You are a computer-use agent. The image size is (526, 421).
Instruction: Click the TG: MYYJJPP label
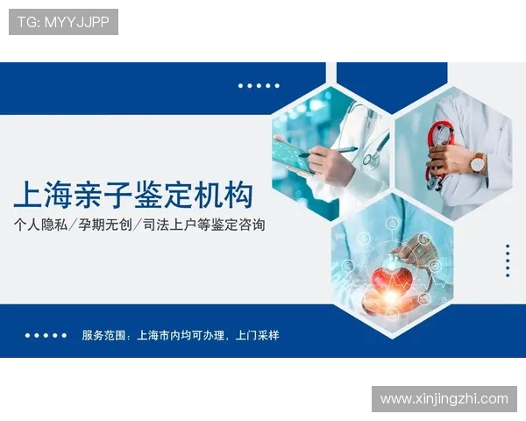pos(63,22)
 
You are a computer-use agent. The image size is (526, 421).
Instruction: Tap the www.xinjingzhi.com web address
pos(444,399)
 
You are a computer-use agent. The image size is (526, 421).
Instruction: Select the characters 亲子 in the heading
pos(105,194)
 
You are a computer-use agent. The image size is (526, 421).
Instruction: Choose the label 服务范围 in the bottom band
pos(103,335)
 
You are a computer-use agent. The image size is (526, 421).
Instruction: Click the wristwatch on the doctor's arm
pos(478,162)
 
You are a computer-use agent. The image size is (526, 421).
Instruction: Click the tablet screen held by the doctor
pos(294,158)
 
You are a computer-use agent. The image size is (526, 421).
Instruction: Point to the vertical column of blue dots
pos(508,260)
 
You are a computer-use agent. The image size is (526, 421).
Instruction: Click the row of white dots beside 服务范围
pos(46,335)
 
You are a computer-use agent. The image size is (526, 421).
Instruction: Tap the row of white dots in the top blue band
pos(259,86)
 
